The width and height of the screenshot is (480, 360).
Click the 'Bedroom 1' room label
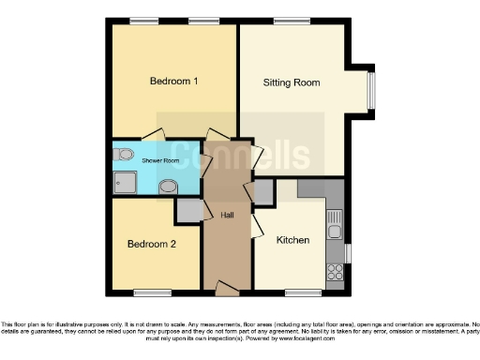(x=174, y=82)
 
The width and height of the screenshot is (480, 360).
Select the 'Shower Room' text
(x=159, y=161)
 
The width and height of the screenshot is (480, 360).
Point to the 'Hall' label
(x=227, y=215)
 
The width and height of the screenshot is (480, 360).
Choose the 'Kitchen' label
(x=292, y=240)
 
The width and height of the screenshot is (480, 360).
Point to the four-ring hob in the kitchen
(x=334, y=272)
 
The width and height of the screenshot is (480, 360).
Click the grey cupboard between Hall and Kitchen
(x=263, y=192)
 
